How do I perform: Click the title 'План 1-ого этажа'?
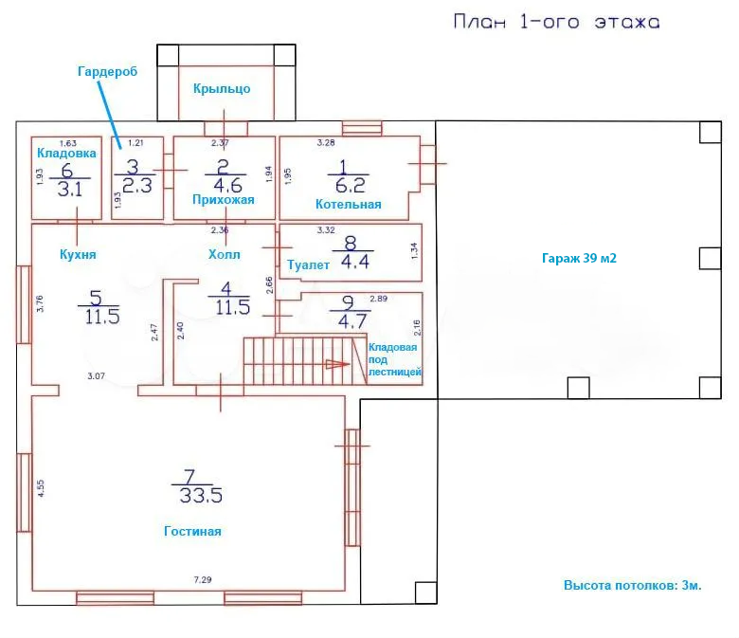coord(556,22)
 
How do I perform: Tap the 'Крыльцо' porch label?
coord(222,89)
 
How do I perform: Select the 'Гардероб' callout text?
coord(107,71)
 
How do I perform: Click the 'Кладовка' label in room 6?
coord(66,153)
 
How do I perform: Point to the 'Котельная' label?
coord(349,204)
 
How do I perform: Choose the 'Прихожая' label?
coord(224,200)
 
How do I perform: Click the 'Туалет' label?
coord(308,265)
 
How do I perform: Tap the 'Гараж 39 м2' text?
coord(579,259)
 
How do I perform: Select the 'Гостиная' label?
coord(192,531)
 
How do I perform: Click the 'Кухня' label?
coord(78,255)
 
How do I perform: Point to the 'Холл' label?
coord(225,255)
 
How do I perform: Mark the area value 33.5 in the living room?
coord(201,496)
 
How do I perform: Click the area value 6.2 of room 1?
coord(351,185)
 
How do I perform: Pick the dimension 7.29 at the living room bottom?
coord(203,579)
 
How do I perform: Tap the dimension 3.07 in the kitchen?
coord(96,375)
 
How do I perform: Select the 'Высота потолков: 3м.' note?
coord(633,585)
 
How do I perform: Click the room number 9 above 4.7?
coord(348,302)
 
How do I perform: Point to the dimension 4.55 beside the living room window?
coord(41,488)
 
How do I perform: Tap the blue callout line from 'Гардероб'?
coord(110,115)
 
